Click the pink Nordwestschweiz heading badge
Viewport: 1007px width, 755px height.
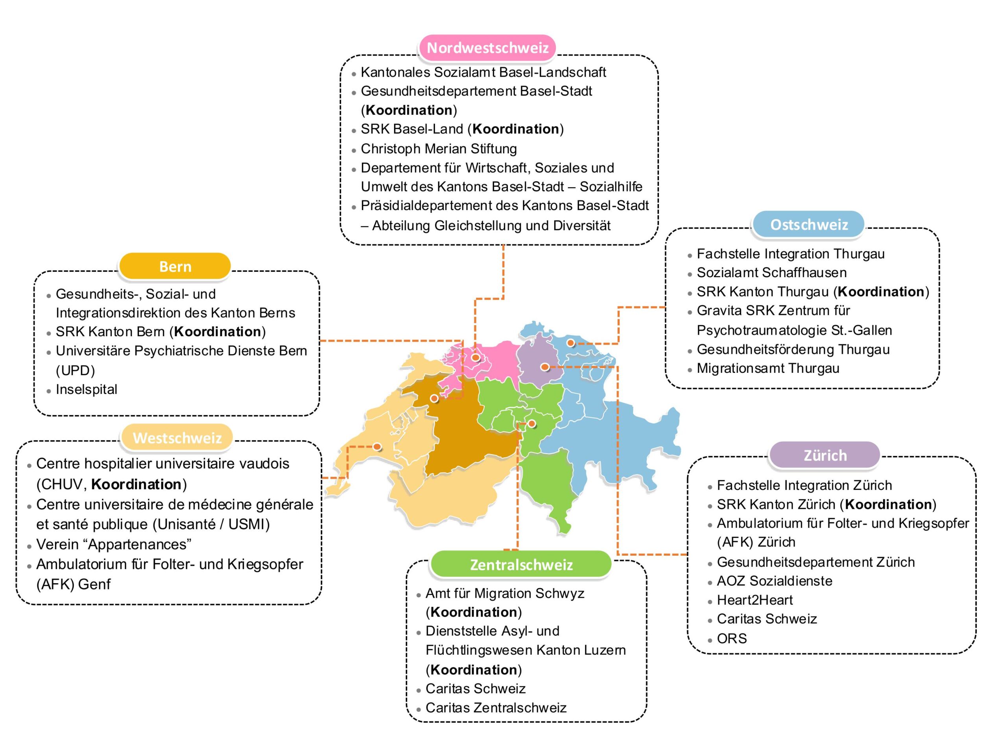pos(487,47)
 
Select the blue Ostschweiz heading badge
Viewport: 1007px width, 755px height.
pos(808,225)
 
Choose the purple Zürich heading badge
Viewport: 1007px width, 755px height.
pos(824,455)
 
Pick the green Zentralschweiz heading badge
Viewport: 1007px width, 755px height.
pos(521,564)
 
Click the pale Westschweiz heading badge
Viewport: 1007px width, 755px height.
pos(177,438)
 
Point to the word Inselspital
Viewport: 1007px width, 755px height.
pos(87,390)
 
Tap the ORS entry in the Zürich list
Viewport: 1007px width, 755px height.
pos(732,639)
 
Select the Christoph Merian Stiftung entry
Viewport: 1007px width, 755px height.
pos(439,149)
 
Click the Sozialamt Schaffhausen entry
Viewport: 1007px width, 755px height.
pos(772,273)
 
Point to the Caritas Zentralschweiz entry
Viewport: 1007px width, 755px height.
pos(496,708)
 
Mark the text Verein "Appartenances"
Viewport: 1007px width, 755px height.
pos(114,544)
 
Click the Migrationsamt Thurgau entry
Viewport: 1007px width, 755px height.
pos(768,368)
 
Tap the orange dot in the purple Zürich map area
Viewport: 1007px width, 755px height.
pos(544,367)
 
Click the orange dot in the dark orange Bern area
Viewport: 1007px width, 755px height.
pos(434,399)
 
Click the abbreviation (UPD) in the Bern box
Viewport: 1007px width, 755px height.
pos(75,370)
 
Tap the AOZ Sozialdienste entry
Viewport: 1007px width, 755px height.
pos(775,581)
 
